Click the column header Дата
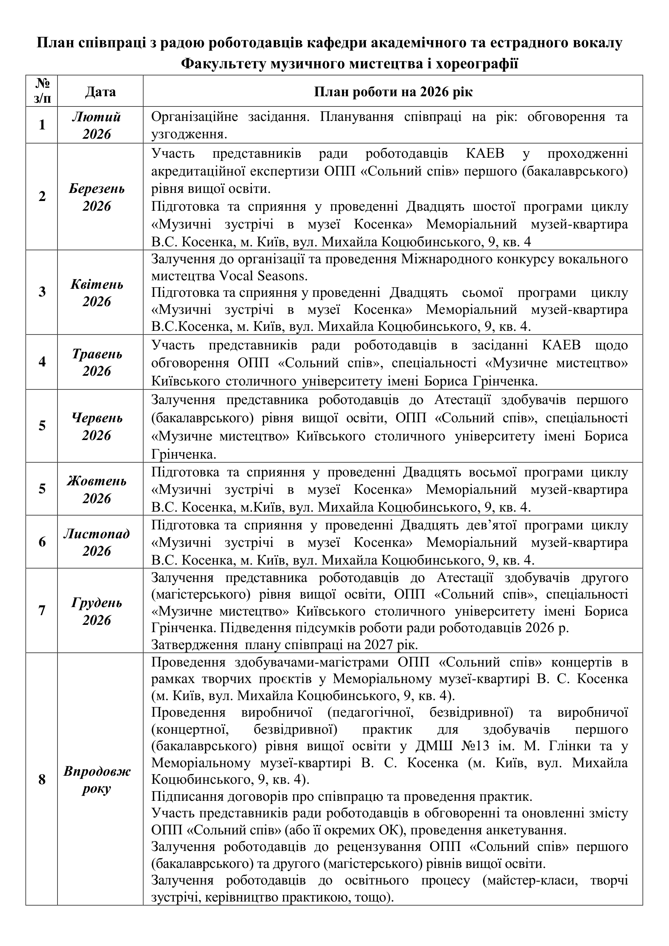click(100, 91)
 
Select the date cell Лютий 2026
click(97, 125)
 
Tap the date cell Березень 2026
click(97, 197)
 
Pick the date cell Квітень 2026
click(97, 293)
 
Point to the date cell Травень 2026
click(97, 362)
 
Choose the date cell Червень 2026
click(97, 427)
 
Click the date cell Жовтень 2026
click(97, 490)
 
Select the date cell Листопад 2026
click(97, 542)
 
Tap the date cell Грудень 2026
click(97, 611)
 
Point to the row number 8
click(42, 779)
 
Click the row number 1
click(42, 125)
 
